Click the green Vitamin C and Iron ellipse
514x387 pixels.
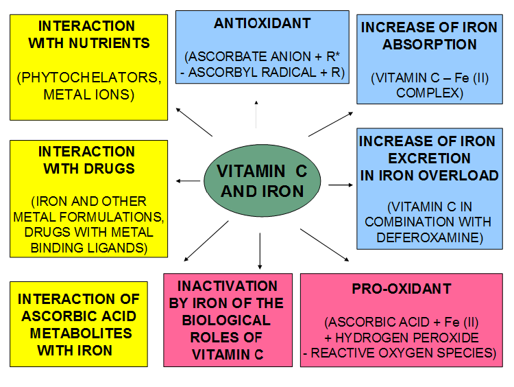pyautogui.click(x=262, y=181)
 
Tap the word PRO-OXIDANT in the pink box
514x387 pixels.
pyautogui.click(x=401, y=289)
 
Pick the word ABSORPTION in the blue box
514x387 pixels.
pyautogui.click(x=420, y=45)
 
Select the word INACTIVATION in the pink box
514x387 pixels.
pyautogui.click(x=228, y=286)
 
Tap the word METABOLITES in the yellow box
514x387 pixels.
pyautogui.click(x=77, y=333)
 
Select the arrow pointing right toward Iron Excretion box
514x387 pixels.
pyautogui.click(x=340, y=185)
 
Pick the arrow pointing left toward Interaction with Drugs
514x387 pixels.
pyautogui.click(x=187, y=180)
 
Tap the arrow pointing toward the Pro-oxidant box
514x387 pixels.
pyautogui.click(x=325, y=245)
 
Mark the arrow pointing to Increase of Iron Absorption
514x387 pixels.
pyautogui.click(x=330, y=124)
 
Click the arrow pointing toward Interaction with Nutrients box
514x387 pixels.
pyautogui.click(x=194, y=121)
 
